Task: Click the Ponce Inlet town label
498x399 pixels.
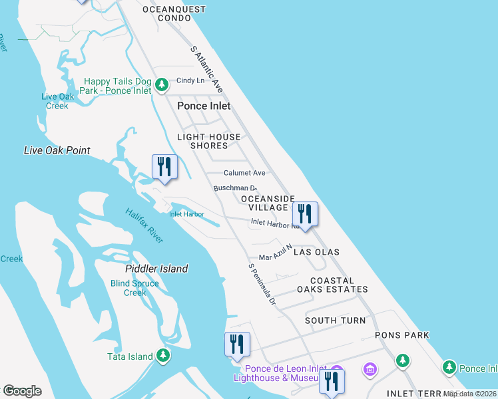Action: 204,106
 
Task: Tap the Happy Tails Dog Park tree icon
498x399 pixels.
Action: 162,85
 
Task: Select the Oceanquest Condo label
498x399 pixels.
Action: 174,13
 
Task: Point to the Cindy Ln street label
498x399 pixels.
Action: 190,81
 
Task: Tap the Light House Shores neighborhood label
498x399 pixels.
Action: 208,141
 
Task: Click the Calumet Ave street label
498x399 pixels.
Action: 244,173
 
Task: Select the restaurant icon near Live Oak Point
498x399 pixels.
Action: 164,166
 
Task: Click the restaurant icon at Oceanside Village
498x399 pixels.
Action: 305,215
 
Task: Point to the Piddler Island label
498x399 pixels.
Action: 156,269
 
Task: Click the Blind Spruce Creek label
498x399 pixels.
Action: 134,288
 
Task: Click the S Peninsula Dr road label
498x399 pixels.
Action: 262,285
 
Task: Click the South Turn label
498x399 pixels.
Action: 336,321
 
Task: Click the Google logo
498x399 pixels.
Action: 22,391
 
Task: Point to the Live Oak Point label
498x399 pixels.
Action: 57,150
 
